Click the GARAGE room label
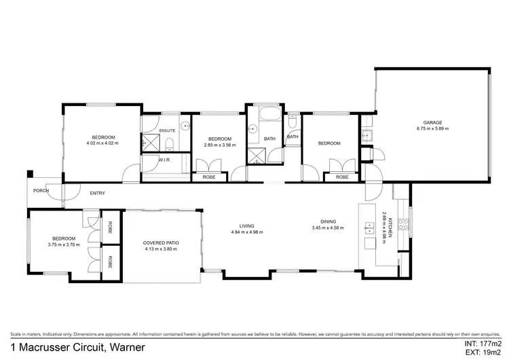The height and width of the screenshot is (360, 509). click(432, 123)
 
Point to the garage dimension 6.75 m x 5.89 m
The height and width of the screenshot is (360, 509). click(432, 128)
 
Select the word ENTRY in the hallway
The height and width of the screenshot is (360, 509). click(97, 194)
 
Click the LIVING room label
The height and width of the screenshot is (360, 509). click(246, 226)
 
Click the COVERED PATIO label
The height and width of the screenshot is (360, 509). click(161, 243)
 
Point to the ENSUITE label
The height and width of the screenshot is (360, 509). click(167, 130)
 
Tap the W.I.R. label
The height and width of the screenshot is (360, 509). click(164, 160)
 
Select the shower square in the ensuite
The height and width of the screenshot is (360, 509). click(149, 141)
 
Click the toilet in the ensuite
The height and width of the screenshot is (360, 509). click(170, 143)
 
